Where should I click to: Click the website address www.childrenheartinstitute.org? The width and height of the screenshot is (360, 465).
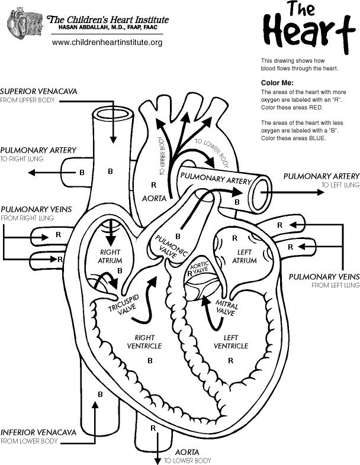[x=107, y=43]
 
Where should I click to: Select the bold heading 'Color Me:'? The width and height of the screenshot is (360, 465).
[x=277, y=83]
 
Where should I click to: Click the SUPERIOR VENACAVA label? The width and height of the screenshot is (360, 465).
[x=38, y=92]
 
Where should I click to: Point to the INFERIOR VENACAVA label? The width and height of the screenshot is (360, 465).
[x=38, y=432]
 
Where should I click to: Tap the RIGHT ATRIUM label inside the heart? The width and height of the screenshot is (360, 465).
[x=110, y=256]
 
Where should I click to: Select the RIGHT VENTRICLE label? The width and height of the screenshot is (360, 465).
[x=144, y=341]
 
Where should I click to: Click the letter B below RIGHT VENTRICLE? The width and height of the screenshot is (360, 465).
[x=150, y=360]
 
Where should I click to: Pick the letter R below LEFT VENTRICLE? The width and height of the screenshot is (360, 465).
[x=230, y=360]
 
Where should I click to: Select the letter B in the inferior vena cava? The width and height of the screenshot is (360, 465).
[x=100, y=394]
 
